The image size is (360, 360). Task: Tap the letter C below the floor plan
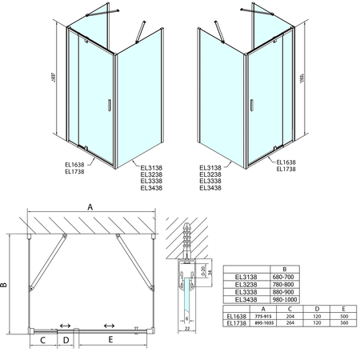[42, 341]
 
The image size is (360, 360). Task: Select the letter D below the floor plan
[67, 341]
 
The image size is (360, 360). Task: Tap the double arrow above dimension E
[109, 326]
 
